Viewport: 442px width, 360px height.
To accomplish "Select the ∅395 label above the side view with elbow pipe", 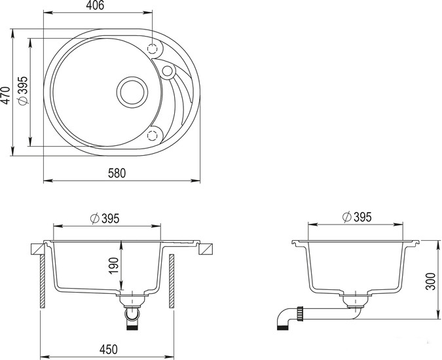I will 357,217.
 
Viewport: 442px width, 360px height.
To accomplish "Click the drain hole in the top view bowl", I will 132,91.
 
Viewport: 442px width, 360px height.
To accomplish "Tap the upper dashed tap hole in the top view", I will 154,49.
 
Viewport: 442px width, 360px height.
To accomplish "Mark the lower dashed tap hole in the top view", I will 154,134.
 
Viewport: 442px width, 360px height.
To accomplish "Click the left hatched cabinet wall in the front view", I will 43,281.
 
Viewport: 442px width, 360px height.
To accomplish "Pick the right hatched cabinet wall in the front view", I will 170,281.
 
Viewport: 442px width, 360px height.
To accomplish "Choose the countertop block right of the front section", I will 207,249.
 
